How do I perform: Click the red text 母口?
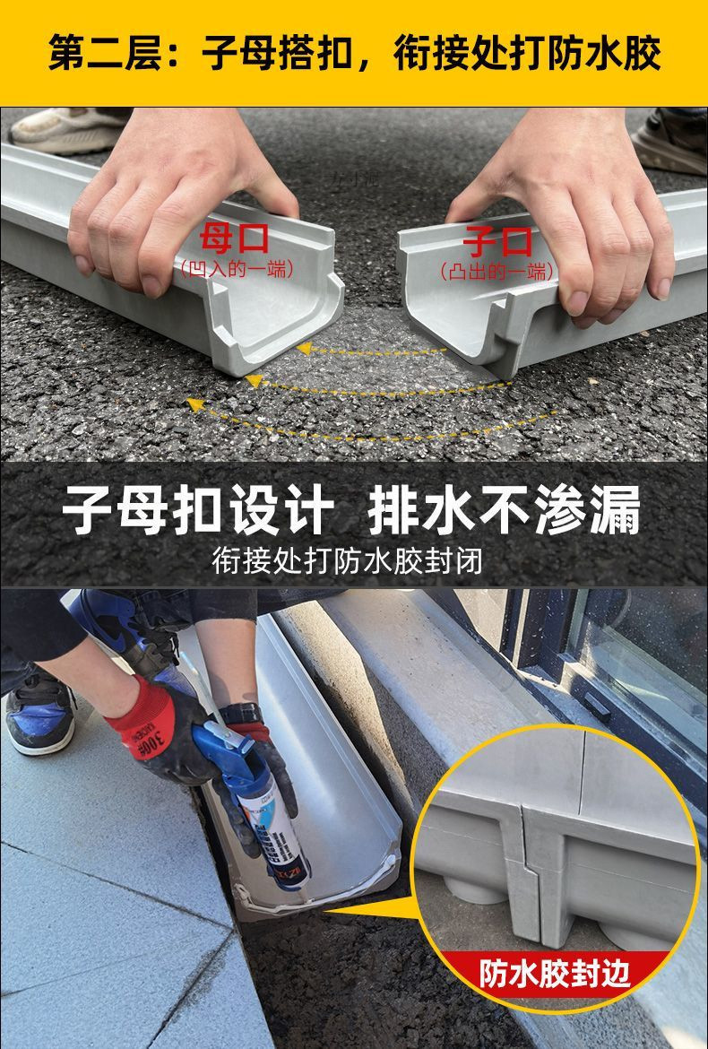pos(236,240)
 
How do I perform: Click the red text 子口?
pos(497,241)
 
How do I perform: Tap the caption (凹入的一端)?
pos(237,268)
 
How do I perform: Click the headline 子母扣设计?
pos(198,513)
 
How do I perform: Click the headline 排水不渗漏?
pos(505,513)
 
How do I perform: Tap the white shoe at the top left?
pos(67,130)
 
